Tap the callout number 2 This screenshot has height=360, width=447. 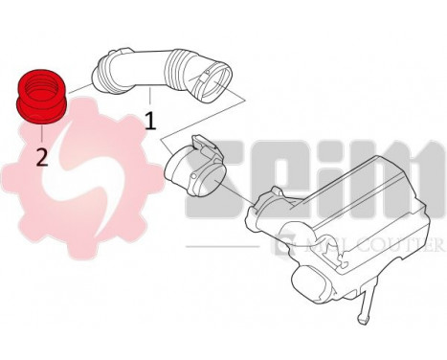[41, 155]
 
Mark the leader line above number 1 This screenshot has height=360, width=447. [149, 99]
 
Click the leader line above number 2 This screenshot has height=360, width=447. [41, 133]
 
